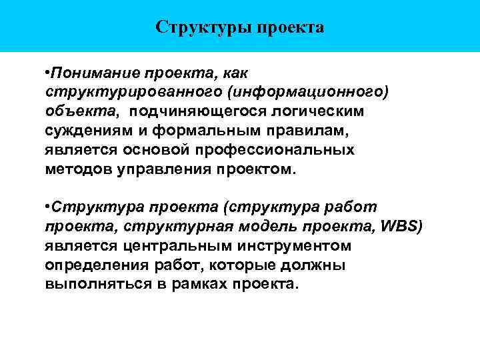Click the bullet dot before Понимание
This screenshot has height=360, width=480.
tap(47, 71)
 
